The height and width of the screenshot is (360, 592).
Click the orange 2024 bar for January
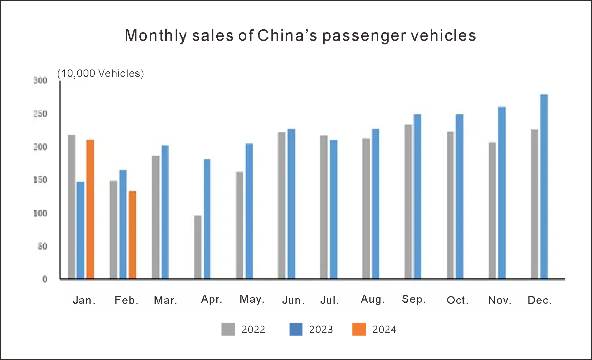coord(90,209)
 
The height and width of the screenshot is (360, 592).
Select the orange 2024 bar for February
coord(132,235)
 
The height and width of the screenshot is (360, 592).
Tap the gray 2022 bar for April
coord(197,247)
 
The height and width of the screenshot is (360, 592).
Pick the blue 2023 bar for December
coord(544,187)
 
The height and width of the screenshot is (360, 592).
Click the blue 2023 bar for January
coord(80,230)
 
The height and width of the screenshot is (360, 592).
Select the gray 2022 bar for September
coord(408,201)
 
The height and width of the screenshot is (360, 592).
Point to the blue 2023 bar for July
coord(333,209)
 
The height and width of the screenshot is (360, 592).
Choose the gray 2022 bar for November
coord(492,210)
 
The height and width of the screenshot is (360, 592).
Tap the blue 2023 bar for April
coord(207,219)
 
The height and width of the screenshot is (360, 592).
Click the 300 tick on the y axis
coord(40,81)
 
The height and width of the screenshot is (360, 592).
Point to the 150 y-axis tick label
coord(40,180)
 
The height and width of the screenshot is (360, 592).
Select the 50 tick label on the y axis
coord(43,246)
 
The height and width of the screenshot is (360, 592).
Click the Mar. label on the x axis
coord(165,300)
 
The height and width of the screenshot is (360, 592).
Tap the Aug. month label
coord(373,299)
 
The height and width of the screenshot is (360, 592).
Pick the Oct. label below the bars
coord(457,300)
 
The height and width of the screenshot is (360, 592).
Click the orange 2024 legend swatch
coord(359,329)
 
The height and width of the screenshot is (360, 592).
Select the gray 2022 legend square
coord(228,329)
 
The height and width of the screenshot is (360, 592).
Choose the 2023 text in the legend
coord(321,329)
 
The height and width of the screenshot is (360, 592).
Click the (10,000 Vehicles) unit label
coord(101,74)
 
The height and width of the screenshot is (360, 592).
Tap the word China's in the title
coord(287,36)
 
